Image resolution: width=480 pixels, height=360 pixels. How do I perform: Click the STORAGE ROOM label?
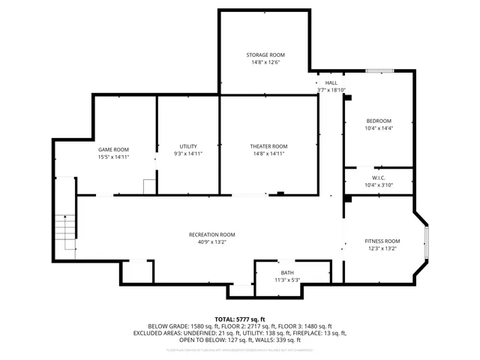[x=266, y=55]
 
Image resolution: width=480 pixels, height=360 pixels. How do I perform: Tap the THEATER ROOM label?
[x=268, y=146]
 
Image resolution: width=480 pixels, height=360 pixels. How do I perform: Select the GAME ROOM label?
[x=113, y=149]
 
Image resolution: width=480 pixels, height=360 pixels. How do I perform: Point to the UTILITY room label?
[x=188, y=146]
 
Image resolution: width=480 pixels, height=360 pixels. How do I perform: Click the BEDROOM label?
[x=379, y=121]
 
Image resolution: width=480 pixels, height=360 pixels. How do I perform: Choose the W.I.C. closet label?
[x=379, y=178]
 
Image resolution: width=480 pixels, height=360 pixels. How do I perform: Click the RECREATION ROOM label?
[x=211, y=235]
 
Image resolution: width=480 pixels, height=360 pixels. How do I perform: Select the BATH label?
[x=287, y=272]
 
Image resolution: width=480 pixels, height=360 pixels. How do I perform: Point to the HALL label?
[x=331, y=82]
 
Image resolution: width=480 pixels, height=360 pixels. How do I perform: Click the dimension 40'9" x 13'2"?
[x=211, y=242]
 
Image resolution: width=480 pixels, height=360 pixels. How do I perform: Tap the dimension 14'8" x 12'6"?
[x=266, y=62]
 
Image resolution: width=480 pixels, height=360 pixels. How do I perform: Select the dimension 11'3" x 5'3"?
[x=287, y=280]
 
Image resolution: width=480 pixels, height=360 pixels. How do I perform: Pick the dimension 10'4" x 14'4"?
[x=379, y=128]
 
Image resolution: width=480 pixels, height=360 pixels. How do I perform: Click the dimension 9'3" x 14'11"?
[x=188, y=154]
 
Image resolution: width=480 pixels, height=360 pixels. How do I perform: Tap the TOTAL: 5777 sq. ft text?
[x=240, y=319]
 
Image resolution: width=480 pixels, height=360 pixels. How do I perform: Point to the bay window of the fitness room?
[x=426, y=240]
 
